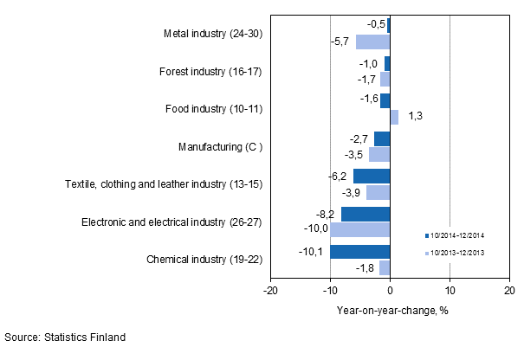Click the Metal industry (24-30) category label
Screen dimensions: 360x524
(212, 35)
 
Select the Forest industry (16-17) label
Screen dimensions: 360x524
(210, 72)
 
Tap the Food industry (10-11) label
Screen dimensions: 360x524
(213, 109)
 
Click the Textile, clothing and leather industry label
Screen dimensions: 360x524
(164, 184)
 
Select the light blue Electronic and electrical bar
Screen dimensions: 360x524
(360, 229)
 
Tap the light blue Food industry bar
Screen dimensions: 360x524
(394, 117)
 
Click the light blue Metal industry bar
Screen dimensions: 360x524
(372, 42)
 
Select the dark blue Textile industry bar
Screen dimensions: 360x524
(372, 177)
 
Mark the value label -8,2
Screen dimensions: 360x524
(329, 214)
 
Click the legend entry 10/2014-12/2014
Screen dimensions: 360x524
(459, 235)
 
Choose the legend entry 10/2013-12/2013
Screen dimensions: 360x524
(459, 254)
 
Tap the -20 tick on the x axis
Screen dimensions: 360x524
(270, 291)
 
